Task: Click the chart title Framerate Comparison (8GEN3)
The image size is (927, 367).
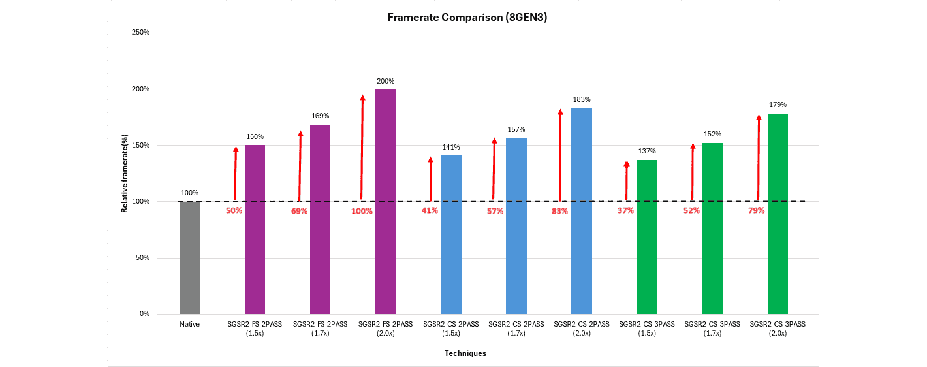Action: pyautogui.click(x=467, y=18)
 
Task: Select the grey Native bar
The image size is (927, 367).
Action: pyautogui.click(x=189, y=257)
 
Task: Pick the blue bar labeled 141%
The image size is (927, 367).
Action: pyautogui.click(x=450, y=234)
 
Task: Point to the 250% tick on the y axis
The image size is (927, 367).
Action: pyautogui.click(x=141, y=32)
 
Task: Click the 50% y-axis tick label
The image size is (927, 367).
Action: pyautogui.click(x=142, y=257)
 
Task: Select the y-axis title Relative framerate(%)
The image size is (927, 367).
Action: pyautogui.click(x=124, y=172)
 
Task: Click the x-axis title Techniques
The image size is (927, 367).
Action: pyautogui.click(x=465, y=353)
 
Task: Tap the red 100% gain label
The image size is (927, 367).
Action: pyautogui.click(x=362, y=211)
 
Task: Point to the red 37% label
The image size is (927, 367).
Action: pyautogui.click(x=625, y=210)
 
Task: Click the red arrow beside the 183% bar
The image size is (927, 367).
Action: pyautogui.click(x=560, y=155)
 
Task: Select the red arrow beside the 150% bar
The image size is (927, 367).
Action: pyautogui.click(x=235, y=173)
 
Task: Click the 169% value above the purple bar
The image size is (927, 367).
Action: pyautogui.click(x=320, y=116)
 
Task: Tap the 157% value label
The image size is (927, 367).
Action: pyautogui.click(x=516, y=129)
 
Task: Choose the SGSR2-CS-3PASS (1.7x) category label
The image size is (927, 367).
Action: pyautogui.click(x=712, y=328)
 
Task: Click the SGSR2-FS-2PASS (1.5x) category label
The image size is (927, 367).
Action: pyautogui.click(x=255, y=328)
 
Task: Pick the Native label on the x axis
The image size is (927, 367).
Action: pyautogui.click(x=190, y=324)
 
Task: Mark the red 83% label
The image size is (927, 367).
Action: pyautogui.click(x=559, y=211)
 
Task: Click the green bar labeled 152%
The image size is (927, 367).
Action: pyautogui.click(x=712, y=229)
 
